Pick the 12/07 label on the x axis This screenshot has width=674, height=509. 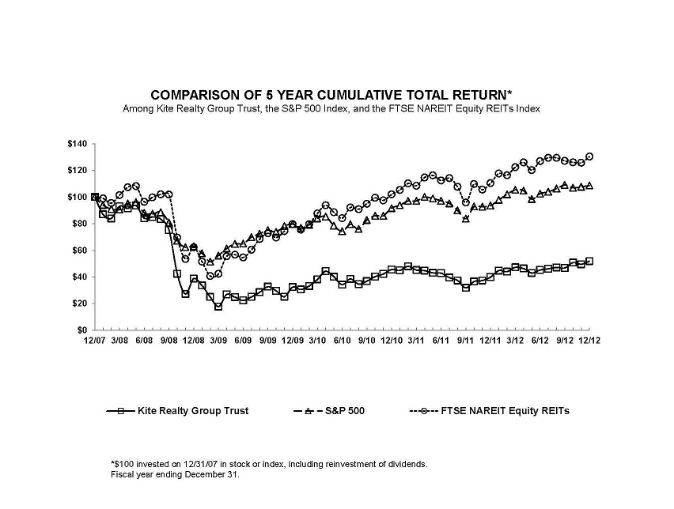click(95, 340)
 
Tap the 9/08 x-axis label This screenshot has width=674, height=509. click(168, 340)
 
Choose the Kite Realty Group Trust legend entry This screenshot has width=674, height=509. click(177, 411)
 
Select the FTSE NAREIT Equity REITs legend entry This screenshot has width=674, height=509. click(490, 411)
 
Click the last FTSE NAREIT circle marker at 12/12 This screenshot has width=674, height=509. click(589, 156)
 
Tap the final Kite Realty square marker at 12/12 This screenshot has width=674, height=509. click(589, 261)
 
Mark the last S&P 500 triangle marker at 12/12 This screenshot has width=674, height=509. click(589, 186)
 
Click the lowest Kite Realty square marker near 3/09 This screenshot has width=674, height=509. click(218, 307)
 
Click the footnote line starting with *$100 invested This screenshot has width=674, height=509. click(269, 465)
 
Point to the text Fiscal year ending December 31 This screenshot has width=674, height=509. click(175, 475)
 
